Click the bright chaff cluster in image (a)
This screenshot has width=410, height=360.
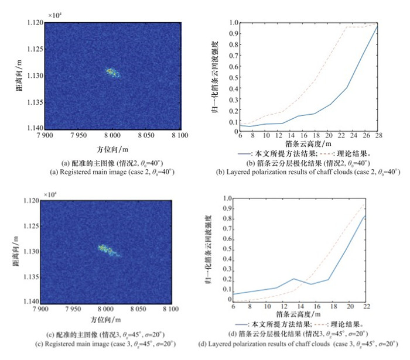tap(112, 73)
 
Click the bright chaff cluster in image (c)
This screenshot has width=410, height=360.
tap(108, 250)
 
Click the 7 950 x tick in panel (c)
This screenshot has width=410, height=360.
tap(80, 307)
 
